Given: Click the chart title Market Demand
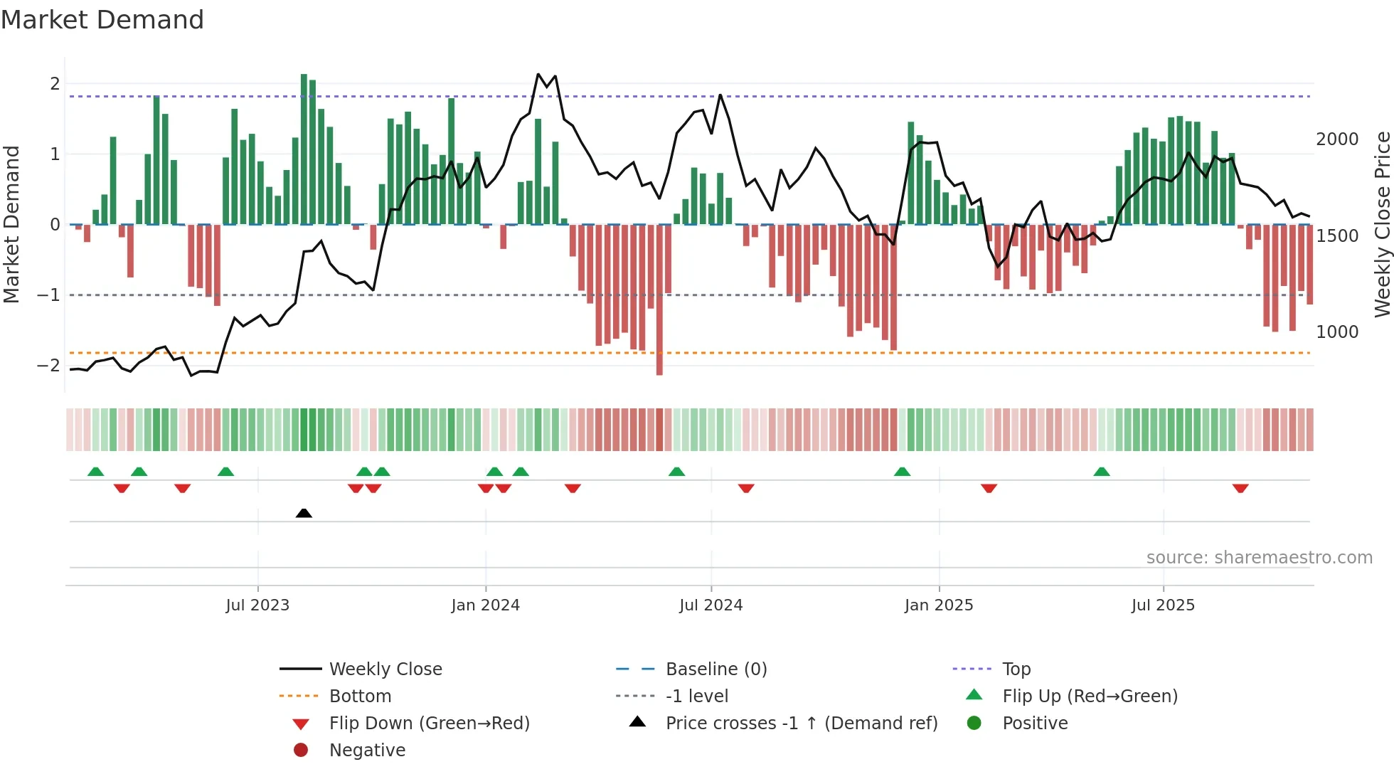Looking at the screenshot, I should click(102, 20).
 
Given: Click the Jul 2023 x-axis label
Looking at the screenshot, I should click(257, 605).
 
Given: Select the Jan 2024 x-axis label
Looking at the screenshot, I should click(486, 605).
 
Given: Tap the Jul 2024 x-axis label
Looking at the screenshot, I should click(711, 605).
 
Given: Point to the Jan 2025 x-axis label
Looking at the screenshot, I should click(939, 605).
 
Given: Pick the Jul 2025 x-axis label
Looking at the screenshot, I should click(1163, 605).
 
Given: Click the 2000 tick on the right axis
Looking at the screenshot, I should click(1337, 139).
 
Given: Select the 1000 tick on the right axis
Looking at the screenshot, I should click(1337, 332).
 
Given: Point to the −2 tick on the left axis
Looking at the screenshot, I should click(48, 366).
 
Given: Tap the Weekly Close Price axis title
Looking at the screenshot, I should click(1382, 224).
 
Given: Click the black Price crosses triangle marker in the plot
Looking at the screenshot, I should click(304, 513).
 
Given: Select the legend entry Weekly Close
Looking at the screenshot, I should click(385, 669).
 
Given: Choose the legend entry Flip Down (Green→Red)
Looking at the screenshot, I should click(429, 724).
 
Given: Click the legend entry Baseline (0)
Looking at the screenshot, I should click(715, 669).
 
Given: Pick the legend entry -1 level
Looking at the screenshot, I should click(696, 696).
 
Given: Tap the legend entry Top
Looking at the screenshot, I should click(1016, 669).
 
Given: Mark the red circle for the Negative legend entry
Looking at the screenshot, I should click(301, 751).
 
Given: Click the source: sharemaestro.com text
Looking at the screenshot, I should click(1259, 558).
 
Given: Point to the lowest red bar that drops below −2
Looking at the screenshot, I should click(659, 299).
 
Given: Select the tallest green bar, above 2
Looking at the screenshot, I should click(304, 149).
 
